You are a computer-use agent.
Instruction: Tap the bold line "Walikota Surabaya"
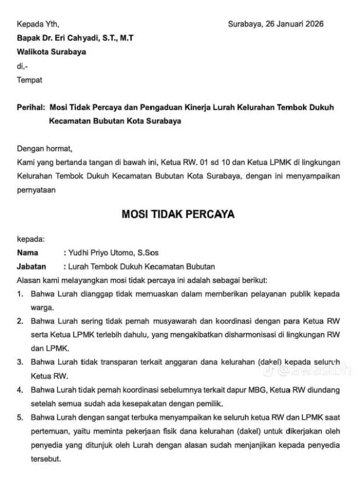click(x=51, y=52)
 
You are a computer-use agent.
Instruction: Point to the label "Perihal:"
click(x=31, y=107)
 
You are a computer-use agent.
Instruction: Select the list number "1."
click(x=20, y=294)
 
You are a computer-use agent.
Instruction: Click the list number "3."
click(x=20, y=362)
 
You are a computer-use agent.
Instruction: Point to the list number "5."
click(x=20, y=417)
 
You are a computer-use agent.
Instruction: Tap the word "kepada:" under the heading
click(x=30, y=239)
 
